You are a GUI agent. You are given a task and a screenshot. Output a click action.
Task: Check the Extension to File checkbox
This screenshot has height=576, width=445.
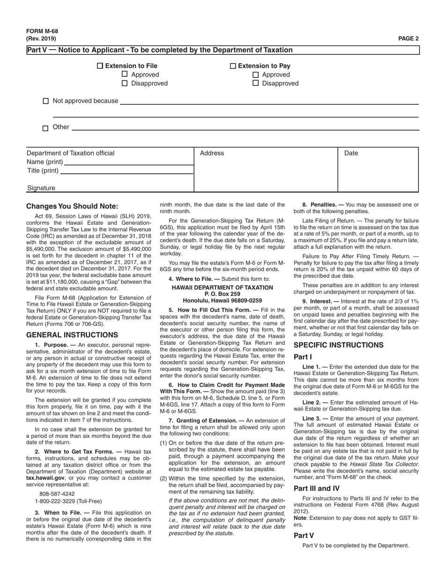[x=100, y=66]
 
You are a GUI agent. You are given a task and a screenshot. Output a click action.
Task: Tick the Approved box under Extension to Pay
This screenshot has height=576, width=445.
[x=256, y=74]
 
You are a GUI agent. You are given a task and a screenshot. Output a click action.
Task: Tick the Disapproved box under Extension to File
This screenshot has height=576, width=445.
[x=125, y=83]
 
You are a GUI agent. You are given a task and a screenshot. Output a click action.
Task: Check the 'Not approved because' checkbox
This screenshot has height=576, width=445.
[x=46, y=101]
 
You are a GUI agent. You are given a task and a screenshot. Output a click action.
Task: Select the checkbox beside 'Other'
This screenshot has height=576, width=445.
[x=45, y=128]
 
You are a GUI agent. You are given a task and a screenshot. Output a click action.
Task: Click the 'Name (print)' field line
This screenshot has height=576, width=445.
[x=128, y=162]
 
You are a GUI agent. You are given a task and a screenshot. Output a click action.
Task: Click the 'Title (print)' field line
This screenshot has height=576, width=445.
[x=126, y=171]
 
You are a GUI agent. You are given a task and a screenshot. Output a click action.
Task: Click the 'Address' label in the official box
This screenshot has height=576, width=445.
[x=212, y=153]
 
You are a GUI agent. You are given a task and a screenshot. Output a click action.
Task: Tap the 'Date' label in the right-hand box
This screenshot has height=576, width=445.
[x=351, y=153]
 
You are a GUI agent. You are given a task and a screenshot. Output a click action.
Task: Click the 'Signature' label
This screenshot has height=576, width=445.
[x=41, y=188]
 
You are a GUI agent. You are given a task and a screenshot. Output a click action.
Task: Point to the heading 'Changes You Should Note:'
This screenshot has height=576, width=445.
[x=72, y=206]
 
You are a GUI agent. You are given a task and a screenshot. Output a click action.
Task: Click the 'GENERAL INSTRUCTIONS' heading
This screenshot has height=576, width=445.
[x=72, y=335]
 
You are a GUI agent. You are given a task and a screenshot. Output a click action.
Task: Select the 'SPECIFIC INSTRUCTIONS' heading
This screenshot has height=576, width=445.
[x=338, y=345]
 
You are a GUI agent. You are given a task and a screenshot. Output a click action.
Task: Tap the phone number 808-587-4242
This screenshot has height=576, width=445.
[x=57, y=494]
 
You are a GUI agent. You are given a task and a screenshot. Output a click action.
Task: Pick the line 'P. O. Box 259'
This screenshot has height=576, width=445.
[x=222, y=294]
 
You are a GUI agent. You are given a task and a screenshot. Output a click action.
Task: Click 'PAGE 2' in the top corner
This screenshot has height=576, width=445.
[x=408, y=39]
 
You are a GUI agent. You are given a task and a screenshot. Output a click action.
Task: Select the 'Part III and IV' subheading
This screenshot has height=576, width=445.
[x=316, y=488]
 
